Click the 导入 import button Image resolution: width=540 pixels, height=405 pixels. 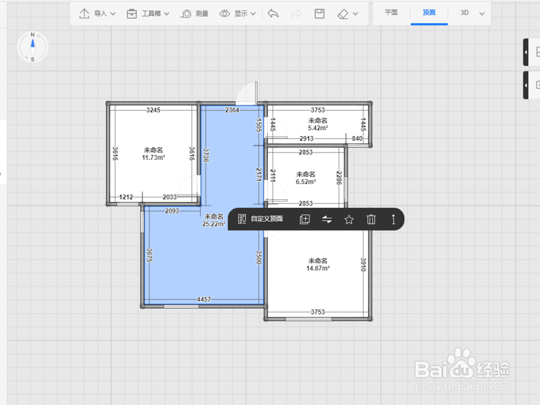97,14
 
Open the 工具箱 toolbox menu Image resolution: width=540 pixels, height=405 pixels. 148,14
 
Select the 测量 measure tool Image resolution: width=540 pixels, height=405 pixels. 194,14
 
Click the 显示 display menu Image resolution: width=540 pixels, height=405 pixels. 238,14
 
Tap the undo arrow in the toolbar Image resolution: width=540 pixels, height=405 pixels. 273,14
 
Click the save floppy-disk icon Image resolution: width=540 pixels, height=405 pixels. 320,14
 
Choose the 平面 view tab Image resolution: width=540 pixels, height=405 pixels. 391,13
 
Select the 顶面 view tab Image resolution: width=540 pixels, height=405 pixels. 429,13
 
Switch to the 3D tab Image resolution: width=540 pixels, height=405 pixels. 464,13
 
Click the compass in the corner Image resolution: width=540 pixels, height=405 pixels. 33,47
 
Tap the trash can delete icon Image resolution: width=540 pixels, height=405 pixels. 371,219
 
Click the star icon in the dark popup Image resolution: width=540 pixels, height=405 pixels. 349,219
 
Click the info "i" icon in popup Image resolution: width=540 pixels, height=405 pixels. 393,219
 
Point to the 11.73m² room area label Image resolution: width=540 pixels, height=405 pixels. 153,158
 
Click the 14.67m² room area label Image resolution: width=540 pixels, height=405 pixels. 318,268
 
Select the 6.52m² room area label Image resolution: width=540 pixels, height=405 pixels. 306,182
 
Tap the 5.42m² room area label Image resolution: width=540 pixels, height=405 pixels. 318,128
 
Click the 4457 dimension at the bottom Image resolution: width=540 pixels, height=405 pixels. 204,300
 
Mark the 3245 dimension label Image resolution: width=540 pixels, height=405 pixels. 153,110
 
